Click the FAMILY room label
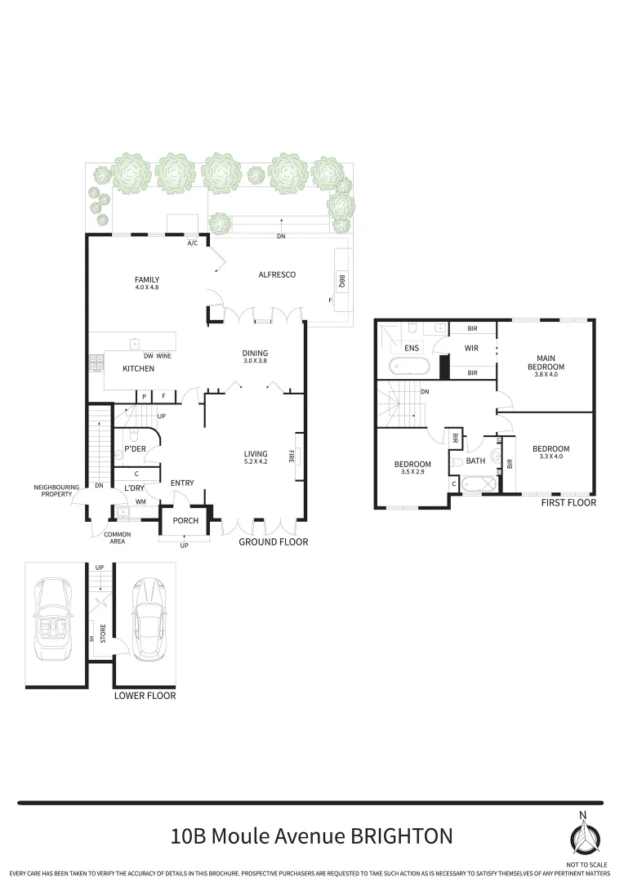pyautogui.click(x=147, y=279)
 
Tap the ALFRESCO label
pyautogui.click(x=277, y=274)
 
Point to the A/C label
pyautogui.click(x=193, y=243)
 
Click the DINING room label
pyautogui.click(x=256, y=353)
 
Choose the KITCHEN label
pyautogui.click(x=138, y=369)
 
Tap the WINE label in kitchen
pyautogui.click(x=163, y=356)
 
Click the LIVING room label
pyautogui.click(x=256, y=454)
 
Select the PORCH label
pyautogui.click(x=185, y=521)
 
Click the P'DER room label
pyautogui.click(x=135, y=449)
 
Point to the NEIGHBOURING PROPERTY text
pyautogui.click(x=56, y=491)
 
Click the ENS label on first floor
pyautogui.click(x=412, y=348)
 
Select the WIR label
pyautogui.click(x=471, y=349)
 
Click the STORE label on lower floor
pyautogui.click(x=103, y=634)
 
